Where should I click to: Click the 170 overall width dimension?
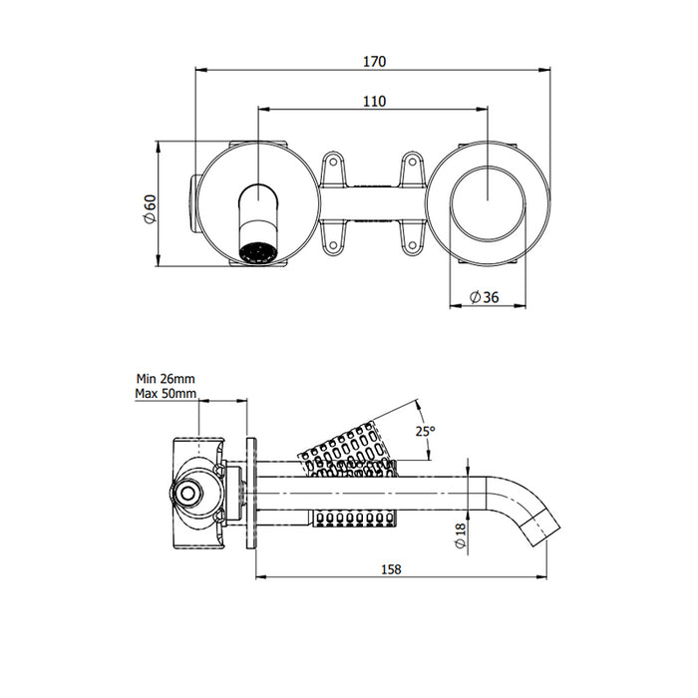click(x=374, y=61)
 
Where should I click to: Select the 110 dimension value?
click(x=374, y=100)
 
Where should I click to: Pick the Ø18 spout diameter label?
click(x=460, y=539)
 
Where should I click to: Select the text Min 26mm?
click(x=166, y=379)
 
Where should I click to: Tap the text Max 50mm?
click(x=166, y=394)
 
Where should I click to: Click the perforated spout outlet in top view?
click(x=258, y=251)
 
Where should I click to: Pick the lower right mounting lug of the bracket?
click(x=412, y=236)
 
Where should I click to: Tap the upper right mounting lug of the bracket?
click(x=412, y=168)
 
